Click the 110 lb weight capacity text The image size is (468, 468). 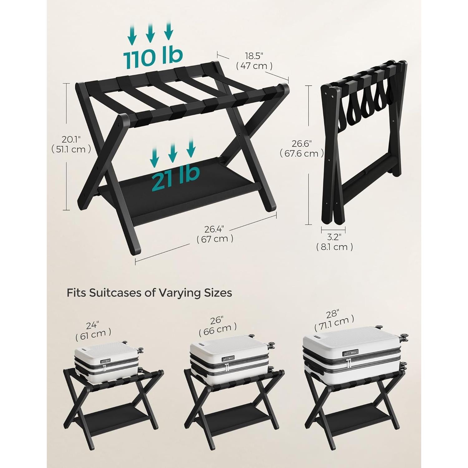tap(153, 58)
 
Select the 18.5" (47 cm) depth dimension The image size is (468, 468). tap(254, 61)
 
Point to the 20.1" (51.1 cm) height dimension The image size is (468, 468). tap(71, 144)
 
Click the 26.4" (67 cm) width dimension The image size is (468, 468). tap(215, 234)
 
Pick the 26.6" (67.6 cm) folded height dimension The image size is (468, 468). tap(301, 149)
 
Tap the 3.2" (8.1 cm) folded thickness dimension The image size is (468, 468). tap(334, 242)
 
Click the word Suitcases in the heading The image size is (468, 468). tap(115, 293)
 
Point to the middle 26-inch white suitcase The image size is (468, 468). tap(229, 359)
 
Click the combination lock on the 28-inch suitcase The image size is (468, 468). tap(350, 353)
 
